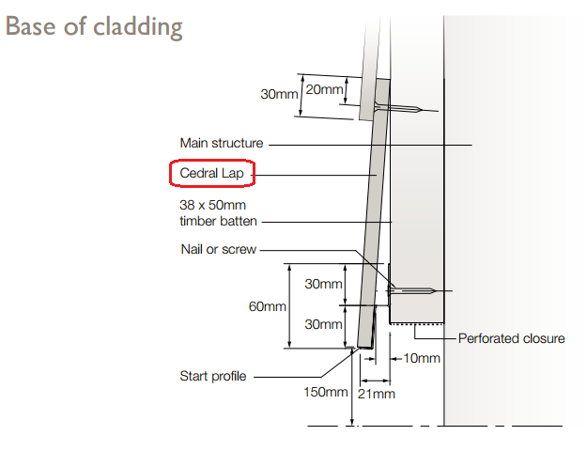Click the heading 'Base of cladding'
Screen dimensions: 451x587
click(x=93, y=25)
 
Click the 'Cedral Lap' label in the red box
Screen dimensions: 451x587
click(x=212, y=174)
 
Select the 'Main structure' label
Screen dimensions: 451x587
click(x=221, y=144)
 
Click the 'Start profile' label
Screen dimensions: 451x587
click(x=213, y=376)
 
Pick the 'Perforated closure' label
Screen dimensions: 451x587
click(x=511, y=337)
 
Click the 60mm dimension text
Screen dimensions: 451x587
click(x=268, y=307)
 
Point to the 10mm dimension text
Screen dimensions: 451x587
click(x=421, y=358)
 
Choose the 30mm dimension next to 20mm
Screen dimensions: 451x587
click(x=279, y=94)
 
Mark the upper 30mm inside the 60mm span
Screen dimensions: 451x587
click(x=323, y=284)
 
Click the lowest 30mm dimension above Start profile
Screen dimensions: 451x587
click(x=323, y=324)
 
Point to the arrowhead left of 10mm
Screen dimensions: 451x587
click(x=396, y=358)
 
